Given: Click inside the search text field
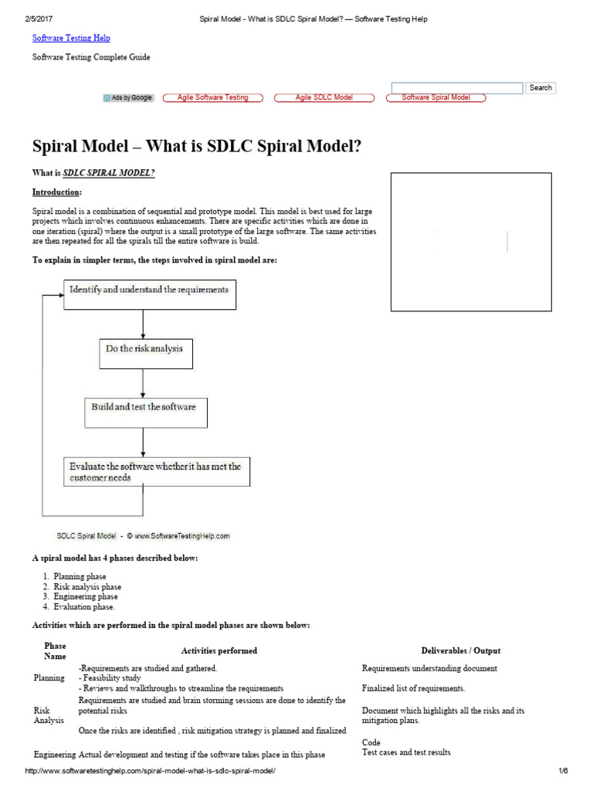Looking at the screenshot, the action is click(457, 88).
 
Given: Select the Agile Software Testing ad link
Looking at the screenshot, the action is click(213, 98).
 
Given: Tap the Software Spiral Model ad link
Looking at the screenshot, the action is click(436, 98).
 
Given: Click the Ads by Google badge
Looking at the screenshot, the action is click(129, 98).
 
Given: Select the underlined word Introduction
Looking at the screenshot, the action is click(56, 192).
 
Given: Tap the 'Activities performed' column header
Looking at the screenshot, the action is click(219, 651).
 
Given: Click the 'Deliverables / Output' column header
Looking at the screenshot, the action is click(460, 651).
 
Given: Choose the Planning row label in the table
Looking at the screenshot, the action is click(49, 677).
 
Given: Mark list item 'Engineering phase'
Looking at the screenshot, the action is click(86, 596).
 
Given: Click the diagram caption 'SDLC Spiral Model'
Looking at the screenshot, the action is click(86, 535).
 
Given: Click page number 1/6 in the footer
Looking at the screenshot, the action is click(562, 772).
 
